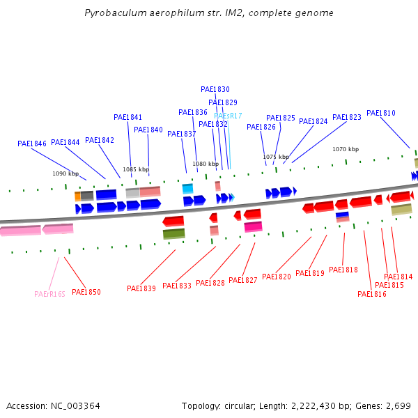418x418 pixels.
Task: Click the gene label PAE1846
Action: [x=32, y=144]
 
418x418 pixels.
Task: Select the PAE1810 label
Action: [x=380, y=113]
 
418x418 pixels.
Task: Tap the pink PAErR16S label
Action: [x=49, y=294]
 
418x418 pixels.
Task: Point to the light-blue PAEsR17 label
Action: [x=228, y=116]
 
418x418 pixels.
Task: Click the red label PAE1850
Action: [x=86, y=292]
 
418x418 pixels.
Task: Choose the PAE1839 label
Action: [x=141, y=288]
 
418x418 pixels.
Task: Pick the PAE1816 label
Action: [x=372, y=294]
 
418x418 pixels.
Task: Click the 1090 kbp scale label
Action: [x=65, y=173]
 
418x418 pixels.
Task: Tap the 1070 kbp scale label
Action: [x=345, y=149]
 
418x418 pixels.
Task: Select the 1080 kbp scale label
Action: [x=206, y=164]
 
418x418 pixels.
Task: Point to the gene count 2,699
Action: [x=396, y=405]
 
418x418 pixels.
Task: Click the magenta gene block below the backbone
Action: [x=253, y=226]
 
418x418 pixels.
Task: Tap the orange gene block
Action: [x=77, y=196]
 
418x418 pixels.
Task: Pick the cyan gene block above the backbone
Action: [x=187, y=188]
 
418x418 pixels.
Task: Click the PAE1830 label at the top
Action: [x=215, y=89]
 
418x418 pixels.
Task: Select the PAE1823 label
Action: [x=347, y=117]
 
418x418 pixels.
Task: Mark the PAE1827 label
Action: [x=243, y=280]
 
